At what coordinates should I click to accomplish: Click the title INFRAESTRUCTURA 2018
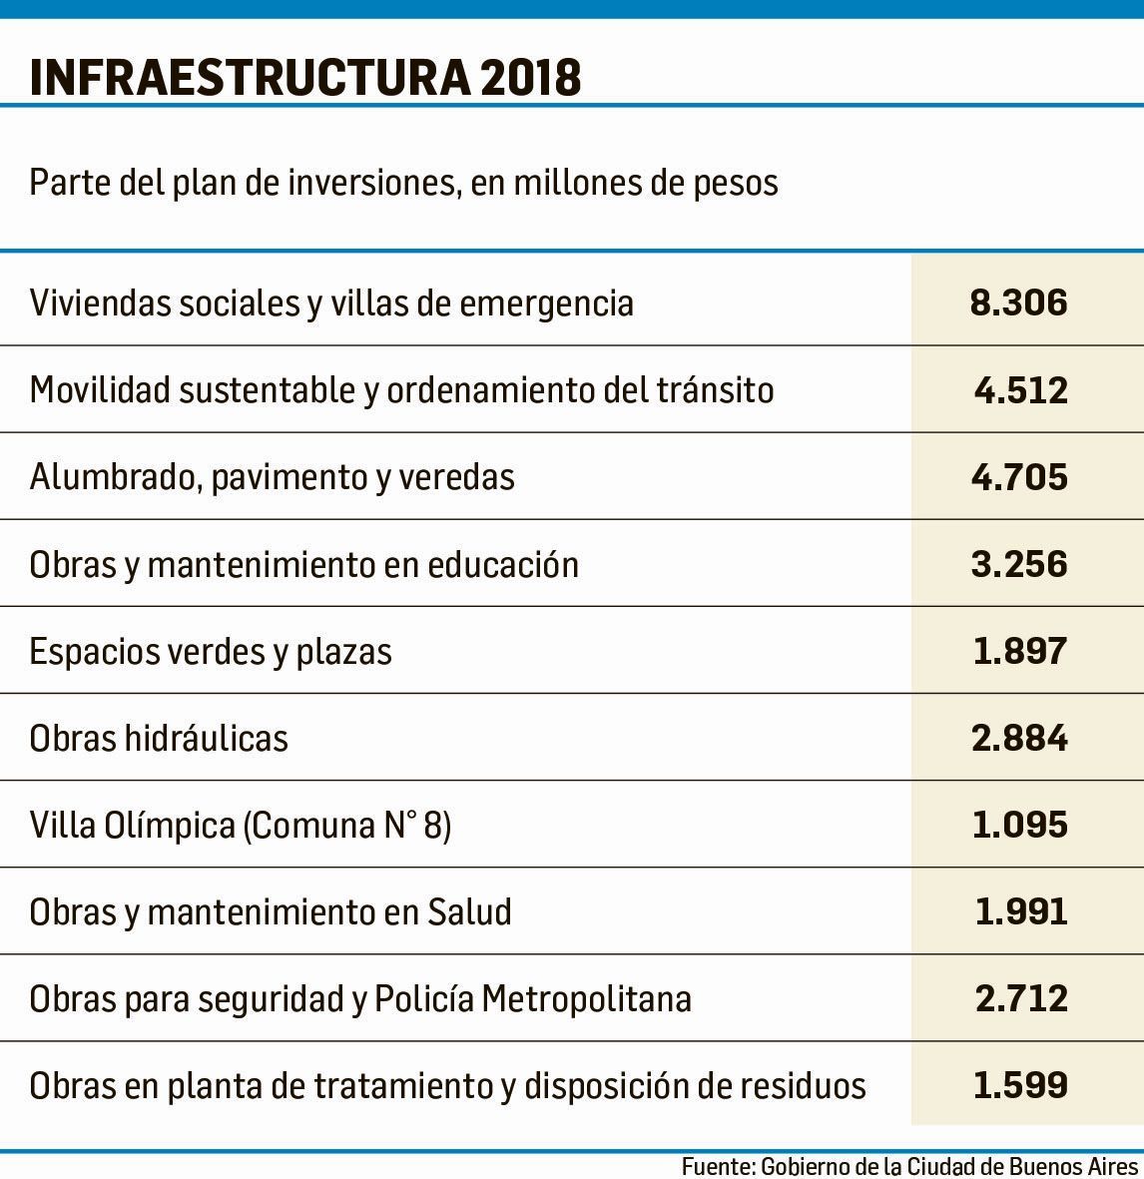tap(305, 78)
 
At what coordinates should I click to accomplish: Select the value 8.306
tap(1019, 302)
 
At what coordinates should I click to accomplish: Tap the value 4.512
tap(1020, 389)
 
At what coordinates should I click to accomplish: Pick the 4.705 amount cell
tap(1019, 477)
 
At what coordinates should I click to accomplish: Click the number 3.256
tap(1019, 564)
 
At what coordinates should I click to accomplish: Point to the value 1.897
tap(1020, 651)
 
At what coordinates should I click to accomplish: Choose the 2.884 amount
tap(1019, 738)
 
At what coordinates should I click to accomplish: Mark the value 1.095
tap(1020, 825)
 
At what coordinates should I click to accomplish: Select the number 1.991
tap(1020, 911)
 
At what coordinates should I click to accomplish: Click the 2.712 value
tap(1020, 998)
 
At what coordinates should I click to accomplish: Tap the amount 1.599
tap(1020, 1085)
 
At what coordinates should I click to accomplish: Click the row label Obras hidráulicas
tap(159, 739)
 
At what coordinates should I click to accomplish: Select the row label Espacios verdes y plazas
tap(211, 652)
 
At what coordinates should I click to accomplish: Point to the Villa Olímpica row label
tap(241, 826)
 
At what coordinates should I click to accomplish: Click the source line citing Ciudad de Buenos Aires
tap(909, 1166)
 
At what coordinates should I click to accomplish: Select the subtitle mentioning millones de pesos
tap(403, 184)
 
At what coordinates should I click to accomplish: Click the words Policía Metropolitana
tap(532, 998)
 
